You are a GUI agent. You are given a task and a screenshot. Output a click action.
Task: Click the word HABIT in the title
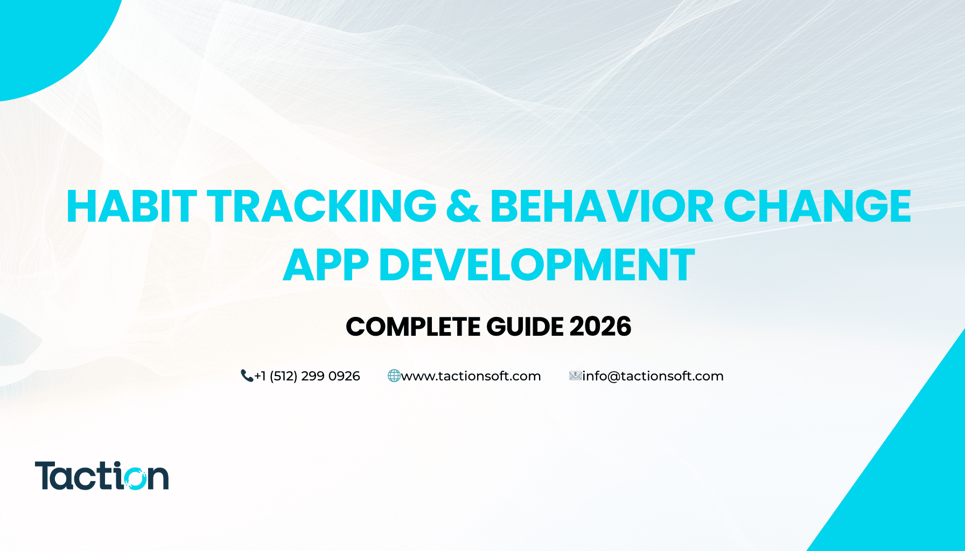tap(131, 207)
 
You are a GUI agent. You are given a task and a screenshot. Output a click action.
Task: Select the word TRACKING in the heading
tap(321, 207)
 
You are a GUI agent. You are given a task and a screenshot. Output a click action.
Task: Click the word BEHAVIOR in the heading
tap(602, 207)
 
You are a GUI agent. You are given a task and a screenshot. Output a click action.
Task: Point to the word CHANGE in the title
tap(817, 207)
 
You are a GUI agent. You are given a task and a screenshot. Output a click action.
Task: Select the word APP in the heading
tap(326, 265)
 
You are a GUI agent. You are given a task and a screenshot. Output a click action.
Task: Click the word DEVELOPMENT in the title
tap(537, 265)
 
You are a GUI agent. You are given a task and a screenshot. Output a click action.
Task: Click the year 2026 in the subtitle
tap(600, 327)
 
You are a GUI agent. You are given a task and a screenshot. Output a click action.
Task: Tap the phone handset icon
tap(247, 376)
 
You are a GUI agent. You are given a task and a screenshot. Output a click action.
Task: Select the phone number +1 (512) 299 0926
tap(307, 376)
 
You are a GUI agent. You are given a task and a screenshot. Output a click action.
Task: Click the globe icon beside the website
tap(394, 376)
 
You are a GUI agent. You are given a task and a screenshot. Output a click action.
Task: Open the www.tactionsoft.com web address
tap(471, 376)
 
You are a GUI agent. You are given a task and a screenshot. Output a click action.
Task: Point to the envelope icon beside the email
tap(575, 376)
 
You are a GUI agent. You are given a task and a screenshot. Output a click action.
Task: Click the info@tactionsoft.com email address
tap(653, 376)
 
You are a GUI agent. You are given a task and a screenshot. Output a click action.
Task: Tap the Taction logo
tap(102, 476)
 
